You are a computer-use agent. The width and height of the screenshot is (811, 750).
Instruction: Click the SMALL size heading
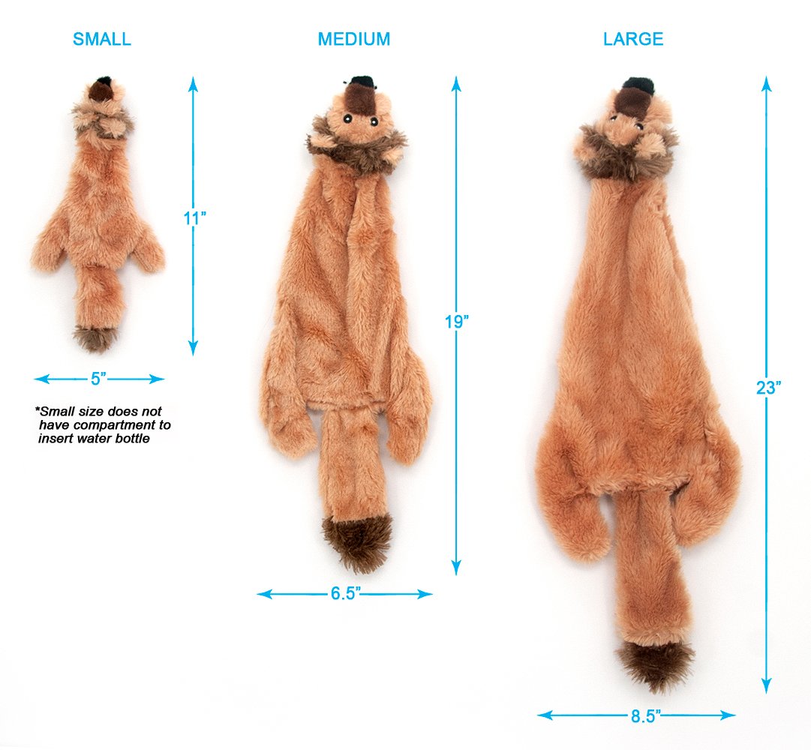(102, 39)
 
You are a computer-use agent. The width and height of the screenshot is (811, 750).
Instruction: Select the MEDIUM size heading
(354, 39)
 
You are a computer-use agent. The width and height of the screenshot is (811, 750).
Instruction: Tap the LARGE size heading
(633, 39)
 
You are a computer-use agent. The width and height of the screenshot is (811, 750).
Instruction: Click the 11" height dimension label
(194, 218)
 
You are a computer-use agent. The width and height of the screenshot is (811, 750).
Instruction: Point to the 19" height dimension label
(457, 322)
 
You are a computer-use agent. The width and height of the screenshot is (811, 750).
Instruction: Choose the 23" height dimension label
(768, 387)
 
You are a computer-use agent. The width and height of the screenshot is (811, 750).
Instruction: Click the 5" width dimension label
(98, 379)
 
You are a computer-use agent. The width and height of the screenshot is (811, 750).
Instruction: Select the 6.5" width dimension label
(346, 593)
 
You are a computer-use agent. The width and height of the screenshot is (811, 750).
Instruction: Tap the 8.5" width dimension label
(645, 716)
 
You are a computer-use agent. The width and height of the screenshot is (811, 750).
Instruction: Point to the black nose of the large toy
(638, 85)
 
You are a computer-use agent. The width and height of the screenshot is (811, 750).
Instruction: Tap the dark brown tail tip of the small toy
(95, 338)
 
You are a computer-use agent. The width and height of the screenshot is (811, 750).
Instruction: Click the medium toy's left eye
(347, 119)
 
